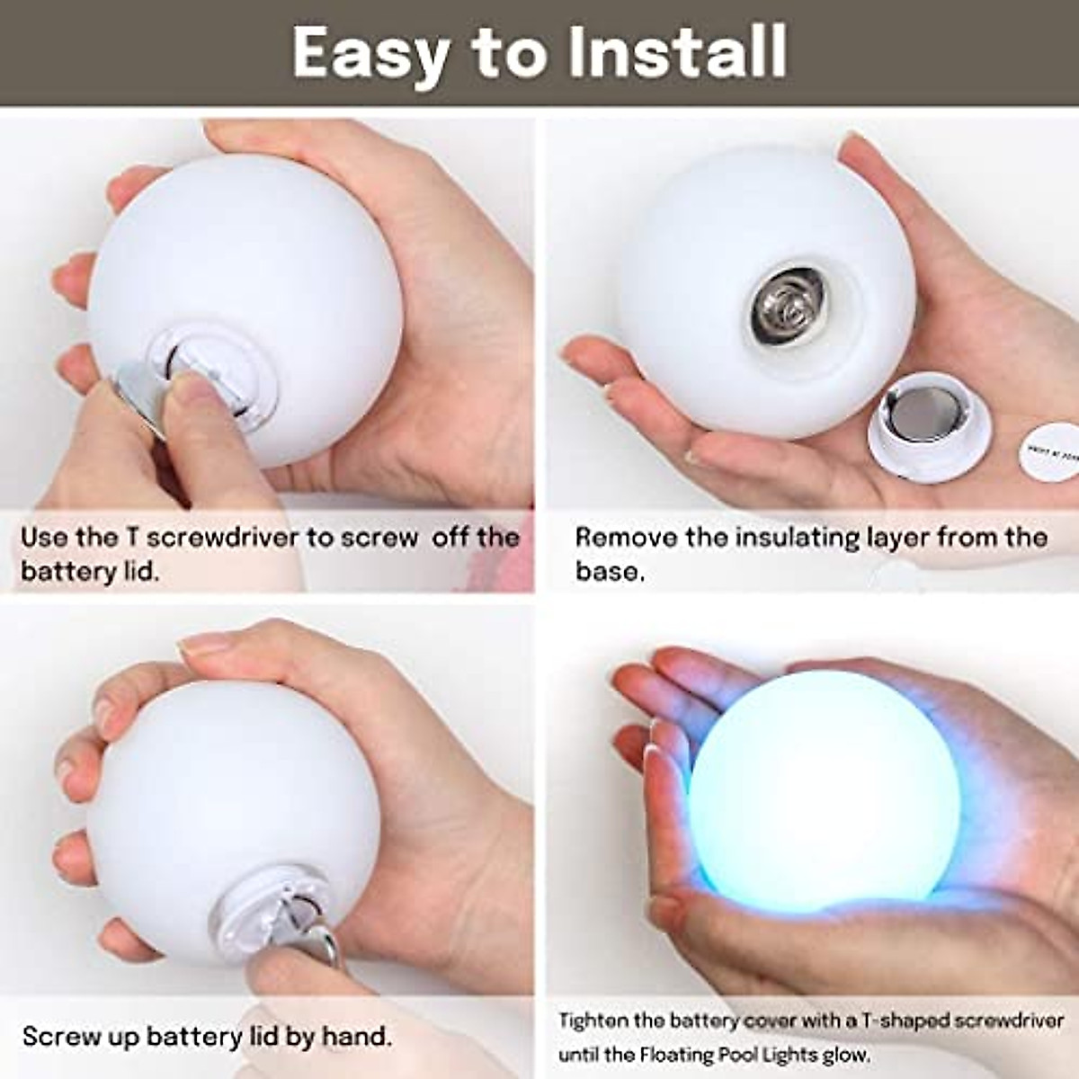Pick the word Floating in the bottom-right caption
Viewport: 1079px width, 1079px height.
pyautogui.click(x=684, y=1054)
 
